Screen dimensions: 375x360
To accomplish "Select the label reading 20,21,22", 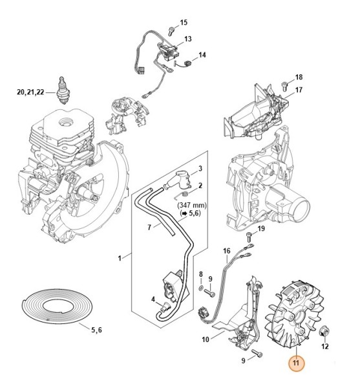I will tap(30, 93).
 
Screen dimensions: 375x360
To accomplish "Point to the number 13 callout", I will tap(187, 39).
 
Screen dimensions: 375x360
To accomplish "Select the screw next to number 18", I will tap(284, 83).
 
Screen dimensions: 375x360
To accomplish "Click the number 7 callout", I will tap(149, 227).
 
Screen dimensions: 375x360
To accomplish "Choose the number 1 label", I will tap(119, 259).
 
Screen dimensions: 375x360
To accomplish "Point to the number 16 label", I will tap(226, 250).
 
